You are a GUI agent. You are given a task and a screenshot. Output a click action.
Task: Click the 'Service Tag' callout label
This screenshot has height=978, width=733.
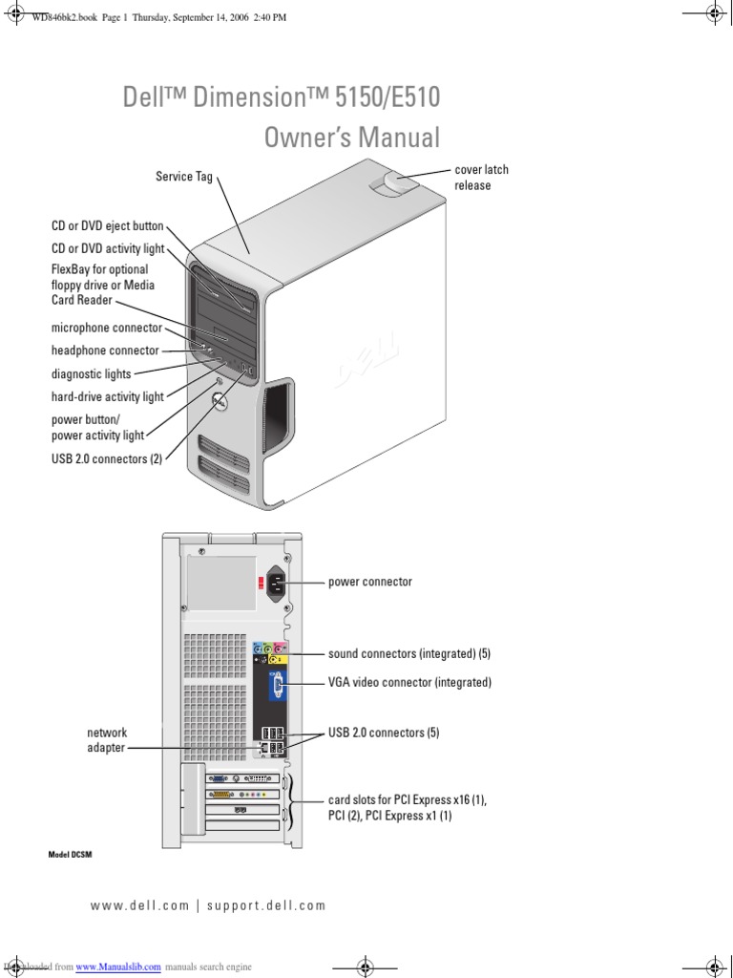click(184, 177)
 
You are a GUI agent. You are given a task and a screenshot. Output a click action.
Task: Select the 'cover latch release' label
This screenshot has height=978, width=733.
click(481, 178)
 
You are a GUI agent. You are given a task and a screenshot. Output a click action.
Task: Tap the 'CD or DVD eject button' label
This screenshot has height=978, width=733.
click(108, 226)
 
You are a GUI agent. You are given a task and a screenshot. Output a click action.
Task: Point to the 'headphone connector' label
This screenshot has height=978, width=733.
click(105, 351)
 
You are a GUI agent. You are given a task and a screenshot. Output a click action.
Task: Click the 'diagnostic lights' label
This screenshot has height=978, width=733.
click(92, 373)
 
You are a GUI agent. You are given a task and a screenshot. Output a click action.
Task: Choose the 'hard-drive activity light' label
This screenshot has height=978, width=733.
click(108, 396)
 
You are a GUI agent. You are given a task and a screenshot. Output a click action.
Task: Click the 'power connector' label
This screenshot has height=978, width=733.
click(370, 582)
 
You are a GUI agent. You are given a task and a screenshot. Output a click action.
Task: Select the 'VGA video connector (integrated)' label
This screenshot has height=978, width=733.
click(409, 683)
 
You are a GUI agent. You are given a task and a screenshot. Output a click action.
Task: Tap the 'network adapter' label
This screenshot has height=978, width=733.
click(107, 740)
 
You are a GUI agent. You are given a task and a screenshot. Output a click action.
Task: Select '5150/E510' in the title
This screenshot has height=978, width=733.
click(387, 98)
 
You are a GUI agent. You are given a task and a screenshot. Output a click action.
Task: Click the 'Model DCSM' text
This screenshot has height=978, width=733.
click(70, 855)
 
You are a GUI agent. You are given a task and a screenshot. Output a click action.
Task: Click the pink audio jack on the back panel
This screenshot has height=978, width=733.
click(279, 648)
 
